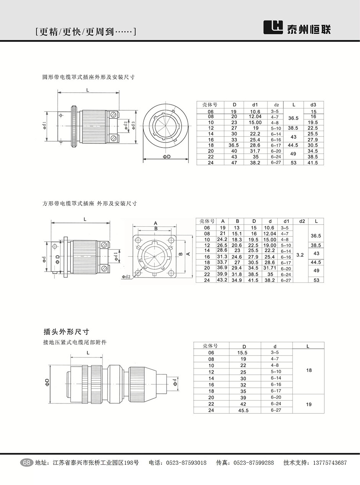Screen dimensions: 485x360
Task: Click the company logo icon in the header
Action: (x=273, y=27)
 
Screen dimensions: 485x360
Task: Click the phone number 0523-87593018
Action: (x=186, y=463)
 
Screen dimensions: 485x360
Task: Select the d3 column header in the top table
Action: (x=313, y=105)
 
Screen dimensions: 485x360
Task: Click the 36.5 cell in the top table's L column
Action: (x=293, y=119)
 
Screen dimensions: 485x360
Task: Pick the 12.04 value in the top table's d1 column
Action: (x=255, y=116)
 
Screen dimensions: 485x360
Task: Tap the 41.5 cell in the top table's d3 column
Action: (x=313, y=163)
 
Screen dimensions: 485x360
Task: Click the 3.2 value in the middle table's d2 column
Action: (x=300, y=254)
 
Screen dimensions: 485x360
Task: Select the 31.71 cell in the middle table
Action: (x=270, y=268)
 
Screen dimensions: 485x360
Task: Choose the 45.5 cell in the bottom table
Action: (x=243, y=410)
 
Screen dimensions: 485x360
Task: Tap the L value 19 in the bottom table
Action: (x=309, y=404)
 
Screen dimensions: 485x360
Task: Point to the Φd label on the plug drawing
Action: (x=175, y=382)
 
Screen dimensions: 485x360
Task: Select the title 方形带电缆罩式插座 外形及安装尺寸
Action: (x=89, y=203)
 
